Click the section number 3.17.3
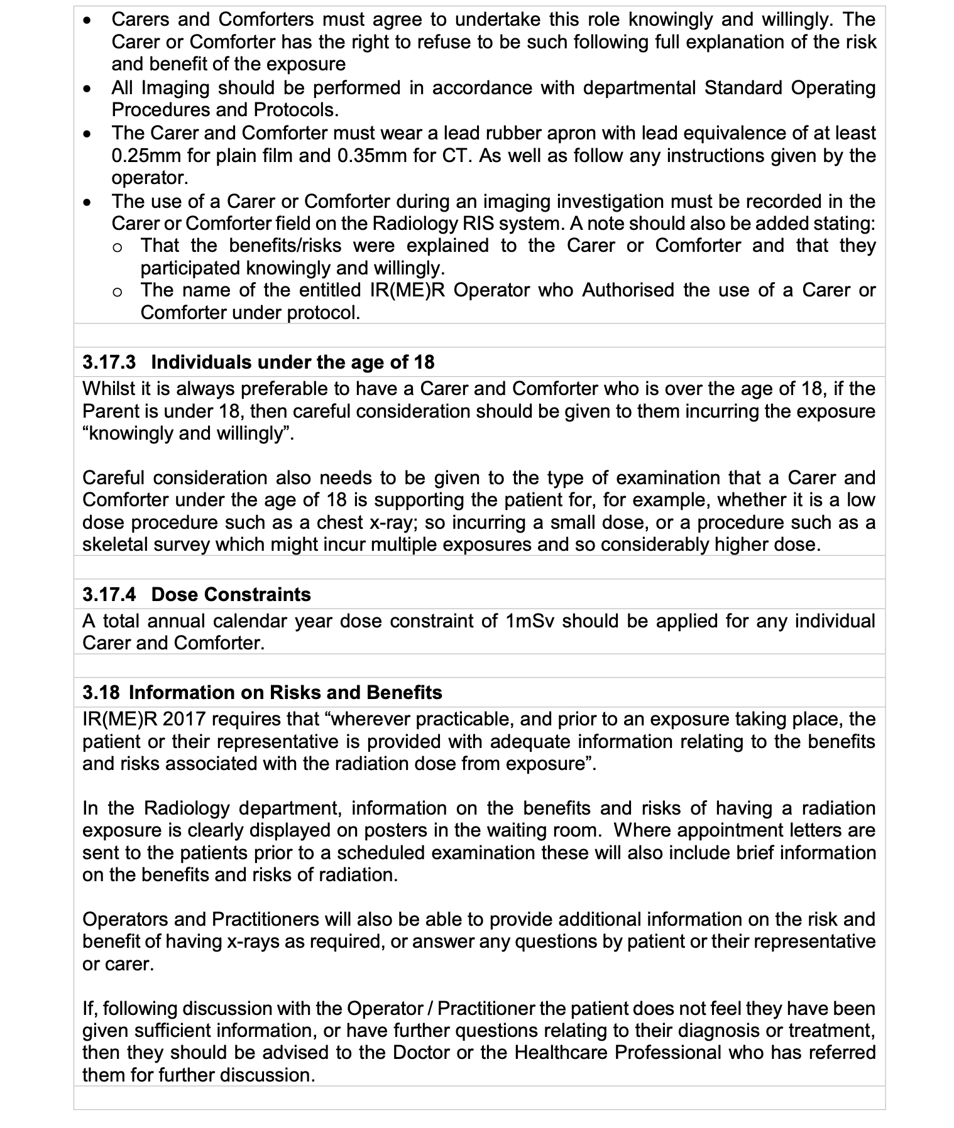click(109, 362)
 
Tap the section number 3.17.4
click(109, 594)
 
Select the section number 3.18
click(101, 692)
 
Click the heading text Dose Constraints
click(231, 594)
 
